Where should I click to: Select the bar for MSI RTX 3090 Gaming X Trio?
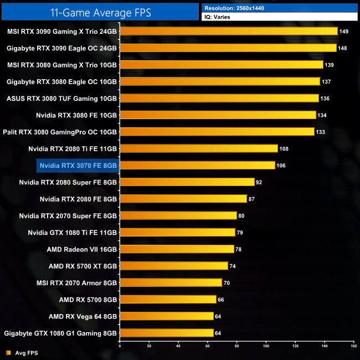point(228,32)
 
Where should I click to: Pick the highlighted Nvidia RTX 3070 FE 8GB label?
point(78,165)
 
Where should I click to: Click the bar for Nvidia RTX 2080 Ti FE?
point(198,148)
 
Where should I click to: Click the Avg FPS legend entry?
point(26,352)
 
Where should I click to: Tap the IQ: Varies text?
point(218,17)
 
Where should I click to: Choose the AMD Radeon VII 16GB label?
point(82,249)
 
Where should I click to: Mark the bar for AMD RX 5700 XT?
point(174,266)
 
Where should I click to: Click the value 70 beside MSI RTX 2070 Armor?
point(226,282)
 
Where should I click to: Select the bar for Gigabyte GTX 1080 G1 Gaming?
point(166,333)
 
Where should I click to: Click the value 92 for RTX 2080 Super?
point(258,182)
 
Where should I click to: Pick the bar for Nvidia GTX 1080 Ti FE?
point(177,232)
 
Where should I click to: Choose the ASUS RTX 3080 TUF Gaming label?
point(61,98)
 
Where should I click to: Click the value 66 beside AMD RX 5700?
point(220,300)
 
